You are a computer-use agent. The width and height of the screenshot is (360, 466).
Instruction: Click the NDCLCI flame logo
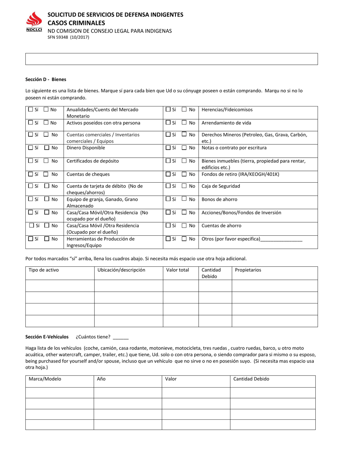[34, 21]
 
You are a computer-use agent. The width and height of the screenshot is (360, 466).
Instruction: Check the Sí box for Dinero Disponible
[31, 148]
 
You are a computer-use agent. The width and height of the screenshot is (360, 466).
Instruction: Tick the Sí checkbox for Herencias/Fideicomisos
[168, 109]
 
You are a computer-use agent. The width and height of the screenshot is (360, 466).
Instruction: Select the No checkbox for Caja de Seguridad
[184, 186]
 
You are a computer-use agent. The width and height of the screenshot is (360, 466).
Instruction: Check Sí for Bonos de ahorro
[168, 199]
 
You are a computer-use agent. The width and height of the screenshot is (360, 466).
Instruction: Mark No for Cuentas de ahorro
[184, 226]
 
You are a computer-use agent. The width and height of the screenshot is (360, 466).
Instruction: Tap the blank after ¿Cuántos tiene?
[121, 337]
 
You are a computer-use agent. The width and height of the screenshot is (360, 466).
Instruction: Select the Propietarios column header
[248, 270]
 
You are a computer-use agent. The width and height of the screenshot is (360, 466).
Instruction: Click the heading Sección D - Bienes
[45, 80]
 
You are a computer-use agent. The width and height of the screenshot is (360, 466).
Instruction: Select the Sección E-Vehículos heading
[47, 336]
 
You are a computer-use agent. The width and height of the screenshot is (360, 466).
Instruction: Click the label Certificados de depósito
[92, 161]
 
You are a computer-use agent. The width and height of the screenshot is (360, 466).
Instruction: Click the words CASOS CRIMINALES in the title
[76, 23]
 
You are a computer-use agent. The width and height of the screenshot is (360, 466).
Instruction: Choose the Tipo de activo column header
[44, 270]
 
